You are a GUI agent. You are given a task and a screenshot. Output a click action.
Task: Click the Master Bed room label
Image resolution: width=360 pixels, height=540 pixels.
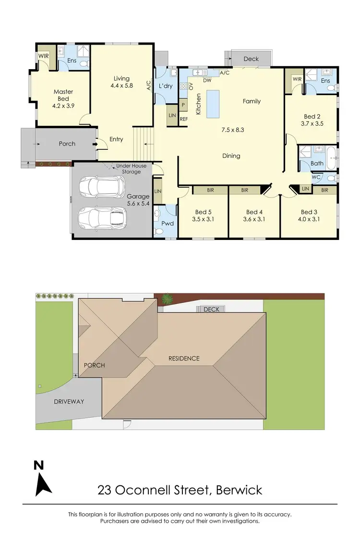63,95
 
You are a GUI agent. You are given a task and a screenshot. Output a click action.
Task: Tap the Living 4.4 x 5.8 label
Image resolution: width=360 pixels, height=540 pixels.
121,82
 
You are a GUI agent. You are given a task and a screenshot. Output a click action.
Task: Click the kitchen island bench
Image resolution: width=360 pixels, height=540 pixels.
213,103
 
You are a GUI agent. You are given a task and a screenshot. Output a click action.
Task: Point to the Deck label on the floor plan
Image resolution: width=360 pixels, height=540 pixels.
251,59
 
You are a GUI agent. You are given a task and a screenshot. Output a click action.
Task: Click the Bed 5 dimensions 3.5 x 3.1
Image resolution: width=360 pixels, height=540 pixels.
203,219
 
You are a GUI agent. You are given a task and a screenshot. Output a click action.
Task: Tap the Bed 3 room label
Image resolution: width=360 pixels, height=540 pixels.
309,212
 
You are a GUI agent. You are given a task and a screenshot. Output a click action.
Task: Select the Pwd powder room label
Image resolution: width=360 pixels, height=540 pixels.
167,223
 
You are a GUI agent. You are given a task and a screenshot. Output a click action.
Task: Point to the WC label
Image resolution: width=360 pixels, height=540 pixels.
316,178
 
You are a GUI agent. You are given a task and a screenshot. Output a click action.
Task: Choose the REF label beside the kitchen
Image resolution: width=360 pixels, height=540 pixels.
183,120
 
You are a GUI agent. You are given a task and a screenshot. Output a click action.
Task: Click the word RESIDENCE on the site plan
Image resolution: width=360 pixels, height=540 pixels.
184,359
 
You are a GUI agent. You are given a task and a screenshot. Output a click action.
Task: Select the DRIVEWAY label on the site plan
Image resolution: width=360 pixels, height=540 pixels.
69,401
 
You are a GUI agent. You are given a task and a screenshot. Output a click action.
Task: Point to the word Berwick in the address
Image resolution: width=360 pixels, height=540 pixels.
239,490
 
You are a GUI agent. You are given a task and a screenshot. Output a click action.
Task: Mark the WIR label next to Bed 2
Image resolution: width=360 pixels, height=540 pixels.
296,79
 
